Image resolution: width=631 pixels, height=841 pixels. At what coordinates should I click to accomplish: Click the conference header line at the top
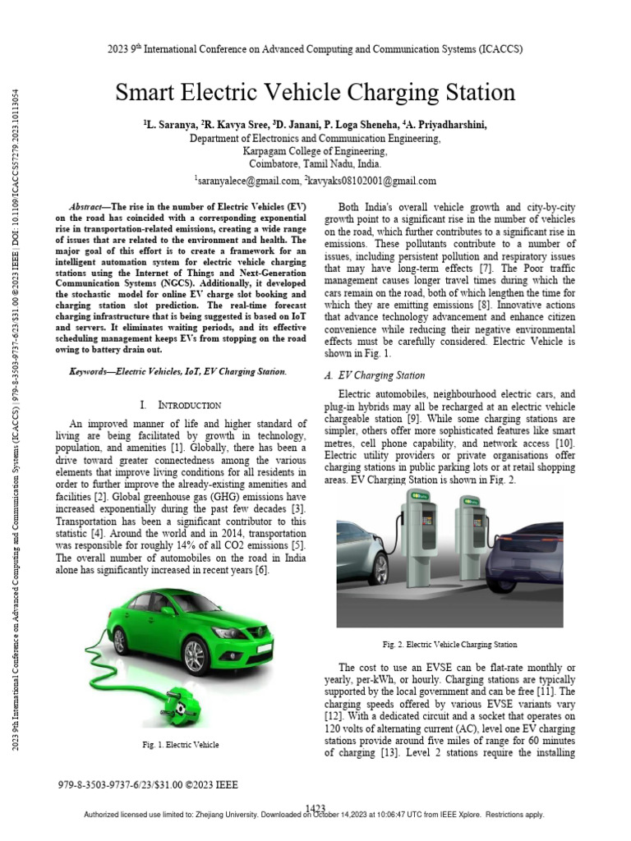click(x=315, y=49)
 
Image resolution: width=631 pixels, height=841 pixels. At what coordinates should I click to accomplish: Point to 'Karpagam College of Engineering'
click(x=315, y=151)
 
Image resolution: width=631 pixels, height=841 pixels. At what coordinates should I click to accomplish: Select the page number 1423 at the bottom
click(x=315, y=807)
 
